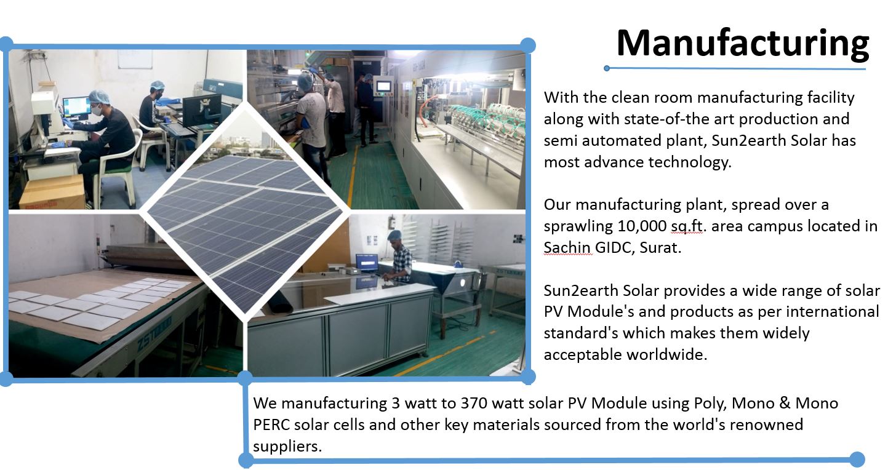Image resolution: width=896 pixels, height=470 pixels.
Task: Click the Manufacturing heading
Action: point(742,44)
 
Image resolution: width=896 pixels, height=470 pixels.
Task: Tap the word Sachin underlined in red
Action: point(567,247)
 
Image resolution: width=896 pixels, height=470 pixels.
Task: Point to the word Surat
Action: point(660,247)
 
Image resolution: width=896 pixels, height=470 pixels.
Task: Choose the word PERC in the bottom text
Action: point(271,424)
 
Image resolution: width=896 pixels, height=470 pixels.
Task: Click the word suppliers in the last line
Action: point(287,447)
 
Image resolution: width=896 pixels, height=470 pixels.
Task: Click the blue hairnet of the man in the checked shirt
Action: point(394,235)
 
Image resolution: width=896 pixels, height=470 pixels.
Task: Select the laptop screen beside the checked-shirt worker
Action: point(367,261)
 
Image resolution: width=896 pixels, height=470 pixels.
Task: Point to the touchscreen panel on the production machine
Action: point(383,86)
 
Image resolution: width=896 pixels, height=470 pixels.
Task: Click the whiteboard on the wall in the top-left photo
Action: point(135,59)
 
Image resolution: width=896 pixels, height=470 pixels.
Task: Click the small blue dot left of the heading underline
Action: point(607,68)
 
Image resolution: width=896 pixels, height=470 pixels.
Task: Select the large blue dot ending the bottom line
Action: point(857,460)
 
